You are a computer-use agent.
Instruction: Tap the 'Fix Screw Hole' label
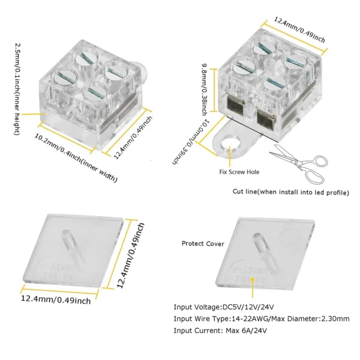coord(239,172)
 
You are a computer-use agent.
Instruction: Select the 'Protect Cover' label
coord(202,244)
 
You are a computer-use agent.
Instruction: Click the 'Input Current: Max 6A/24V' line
coord(220,331)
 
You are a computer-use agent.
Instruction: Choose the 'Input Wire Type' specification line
coord(261,319)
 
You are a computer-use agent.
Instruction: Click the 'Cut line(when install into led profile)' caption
coord(290,192)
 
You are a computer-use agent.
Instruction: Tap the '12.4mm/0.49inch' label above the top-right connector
coord(299,29)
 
